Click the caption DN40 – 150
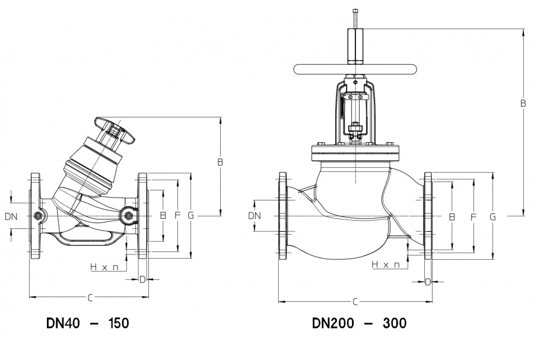pos(87,323)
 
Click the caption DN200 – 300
pos(359,323)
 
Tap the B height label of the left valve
pos(220,162)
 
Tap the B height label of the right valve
pos(523,103)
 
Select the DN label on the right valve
pos(254,216)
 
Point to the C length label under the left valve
pos(89,297)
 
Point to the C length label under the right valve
pos(355,302)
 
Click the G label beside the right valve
pos(492,217)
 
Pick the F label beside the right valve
pos(473,217)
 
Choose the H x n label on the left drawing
pos(104,267)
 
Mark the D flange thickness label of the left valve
pos(142,279)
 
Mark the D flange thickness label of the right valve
pos(428,282)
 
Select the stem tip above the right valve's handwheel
pos(355,12)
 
